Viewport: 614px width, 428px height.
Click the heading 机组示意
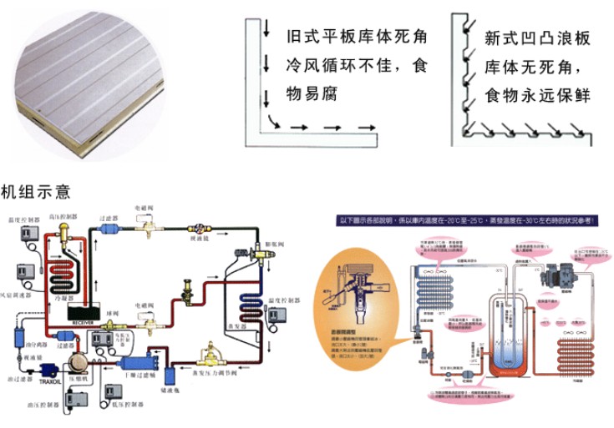pos(36,193)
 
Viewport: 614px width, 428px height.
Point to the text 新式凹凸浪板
pos(538,38)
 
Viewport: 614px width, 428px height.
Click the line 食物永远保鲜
pos(538,96)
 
